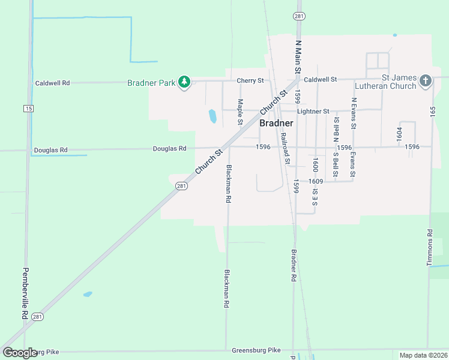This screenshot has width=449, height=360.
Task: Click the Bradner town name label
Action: (276, 123)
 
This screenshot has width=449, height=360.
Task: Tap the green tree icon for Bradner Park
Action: (184, 82)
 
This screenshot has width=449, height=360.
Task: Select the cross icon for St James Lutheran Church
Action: (425, 81)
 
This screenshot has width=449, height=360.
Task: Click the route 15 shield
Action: (28, 108)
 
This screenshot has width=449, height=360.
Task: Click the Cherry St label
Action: (250, 80)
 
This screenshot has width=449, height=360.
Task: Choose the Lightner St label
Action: (313, 111)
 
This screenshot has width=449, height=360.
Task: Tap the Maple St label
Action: (240, 112)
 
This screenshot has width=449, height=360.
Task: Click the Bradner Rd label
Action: (294, 266)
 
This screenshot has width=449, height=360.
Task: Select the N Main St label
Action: (297, 57)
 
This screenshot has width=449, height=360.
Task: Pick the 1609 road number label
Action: (316, 181)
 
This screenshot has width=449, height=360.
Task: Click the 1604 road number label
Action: (399, 134)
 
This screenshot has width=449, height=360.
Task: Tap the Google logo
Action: (20, 353)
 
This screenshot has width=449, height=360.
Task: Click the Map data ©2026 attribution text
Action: (423, 355)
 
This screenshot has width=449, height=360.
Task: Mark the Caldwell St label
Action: (321, 79)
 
